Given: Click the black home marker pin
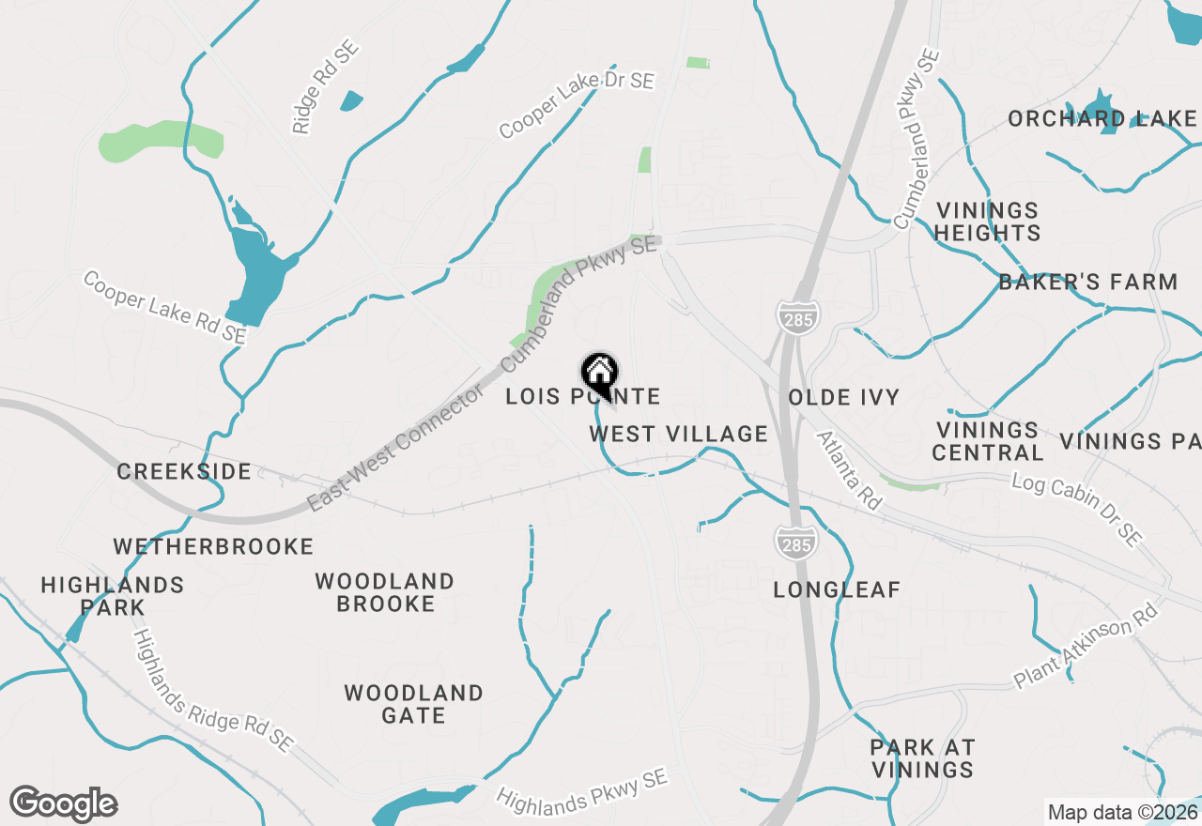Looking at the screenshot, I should (599, 373).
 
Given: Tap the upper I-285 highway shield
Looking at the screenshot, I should (797, 316).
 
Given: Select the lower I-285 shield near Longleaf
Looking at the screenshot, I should (795, 543).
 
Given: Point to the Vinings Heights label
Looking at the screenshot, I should (988, 222).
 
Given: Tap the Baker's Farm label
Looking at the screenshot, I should (1087, 282).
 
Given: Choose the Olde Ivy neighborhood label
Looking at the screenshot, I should (844, 397).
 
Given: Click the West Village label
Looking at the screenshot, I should (679, 434).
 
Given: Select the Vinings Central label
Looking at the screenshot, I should (988, 441).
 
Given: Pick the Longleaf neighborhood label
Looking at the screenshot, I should (837, 589).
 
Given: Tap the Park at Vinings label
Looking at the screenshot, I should (922, 758).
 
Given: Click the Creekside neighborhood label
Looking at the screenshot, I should (184, 471).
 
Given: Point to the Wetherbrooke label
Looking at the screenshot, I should (213, 546).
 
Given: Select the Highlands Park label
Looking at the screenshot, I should (113, 596).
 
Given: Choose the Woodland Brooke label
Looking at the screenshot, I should (385, 592).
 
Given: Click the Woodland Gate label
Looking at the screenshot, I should (413, 704).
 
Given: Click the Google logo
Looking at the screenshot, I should (63, 804).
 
